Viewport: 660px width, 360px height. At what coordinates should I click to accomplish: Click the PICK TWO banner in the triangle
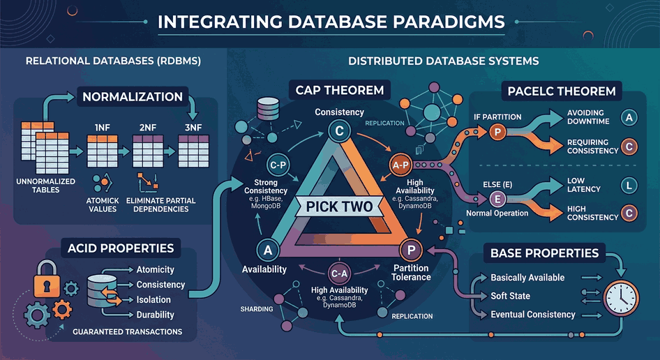339,207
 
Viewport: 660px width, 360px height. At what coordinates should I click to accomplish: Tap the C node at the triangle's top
339,131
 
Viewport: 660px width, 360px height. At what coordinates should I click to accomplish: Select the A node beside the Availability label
268,250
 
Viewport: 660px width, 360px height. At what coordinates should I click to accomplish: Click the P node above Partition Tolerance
411,250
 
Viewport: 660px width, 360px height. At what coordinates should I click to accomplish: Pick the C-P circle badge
278,165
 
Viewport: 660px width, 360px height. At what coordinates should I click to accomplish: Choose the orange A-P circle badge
400,165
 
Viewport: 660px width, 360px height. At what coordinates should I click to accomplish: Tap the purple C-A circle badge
339,273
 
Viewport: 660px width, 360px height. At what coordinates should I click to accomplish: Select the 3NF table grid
194,151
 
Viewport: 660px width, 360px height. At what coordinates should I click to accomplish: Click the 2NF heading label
148,128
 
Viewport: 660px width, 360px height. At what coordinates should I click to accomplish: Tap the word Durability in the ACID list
156,315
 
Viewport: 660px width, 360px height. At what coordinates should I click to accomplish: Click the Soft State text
510,296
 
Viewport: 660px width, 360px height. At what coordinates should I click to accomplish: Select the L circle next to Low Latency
629,186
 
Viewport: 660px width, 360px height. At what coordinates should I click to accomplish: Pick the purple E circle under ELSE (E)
497,199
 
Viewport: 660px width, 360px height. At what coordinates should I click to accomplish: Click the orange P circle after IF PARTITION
497,133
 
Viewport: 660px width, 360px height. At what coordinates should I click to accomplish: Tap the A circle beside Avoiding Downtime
629,117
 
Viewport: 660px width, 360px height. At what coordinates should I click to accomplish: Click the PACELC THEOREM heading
562,91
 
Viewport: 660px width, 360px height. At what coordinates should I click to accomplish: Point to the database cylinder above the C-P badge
268,109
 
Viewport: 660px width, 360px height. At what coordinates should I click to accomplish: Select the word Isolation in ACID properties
153,300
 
